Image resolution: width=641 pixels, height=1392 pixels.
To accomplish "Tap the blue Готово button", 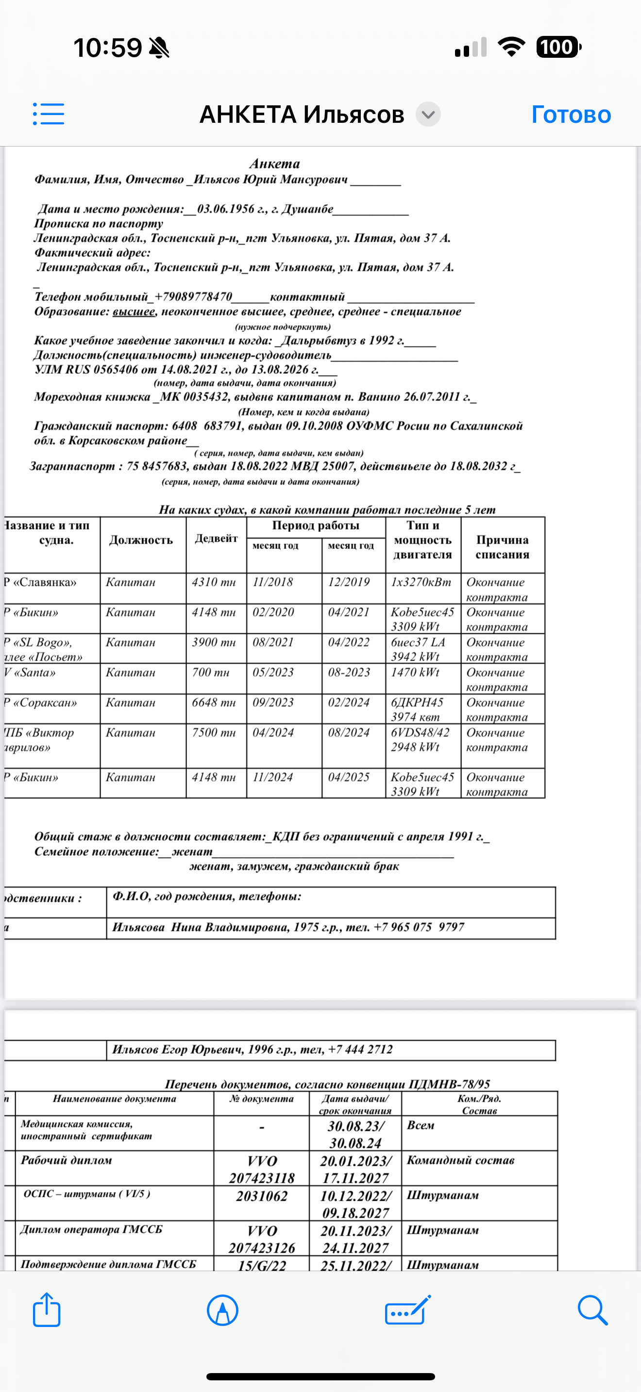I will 571,115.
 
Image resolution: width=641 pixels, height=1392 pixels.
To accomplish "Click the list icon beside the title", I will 49,114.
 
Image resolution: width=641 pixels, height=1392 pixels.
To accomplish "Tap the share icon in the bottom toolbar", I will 47,1310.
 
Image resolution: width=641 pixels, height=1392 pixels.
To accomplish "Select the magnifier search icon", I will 592,1310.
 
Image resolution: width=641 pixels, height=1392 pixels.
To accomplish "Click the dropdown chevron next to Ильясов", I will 428,115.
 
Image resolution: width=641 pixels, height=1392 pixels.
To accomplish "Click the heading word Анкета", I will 274,164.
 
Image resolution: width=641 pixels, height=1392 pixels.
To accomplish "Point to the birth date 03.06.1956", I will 225,209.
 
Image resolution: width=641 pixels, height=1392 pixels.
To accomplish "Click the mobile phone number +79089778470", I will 193,297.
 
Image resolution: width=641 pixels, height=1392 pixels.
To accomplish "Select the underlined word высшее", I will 134,312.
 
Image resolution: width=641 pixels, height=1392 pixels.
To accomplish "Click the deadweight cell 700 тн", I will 211,673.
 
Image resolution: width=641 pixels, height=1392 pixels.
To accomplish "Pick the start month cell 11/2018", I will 273,582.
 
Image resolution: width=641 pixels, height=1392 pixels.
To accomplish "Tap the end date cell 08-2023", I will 349,673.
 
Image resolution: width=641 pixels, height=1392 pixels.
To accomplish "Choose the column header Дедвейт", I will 216,538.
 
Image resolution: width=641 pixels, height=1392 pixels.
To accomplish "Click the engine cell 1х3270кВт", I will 421,582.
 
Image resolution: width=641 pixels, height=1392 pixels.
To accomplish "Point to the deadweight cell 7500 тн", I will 214,733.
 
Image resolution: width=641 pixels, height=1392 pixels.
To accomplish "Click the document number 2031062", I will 262,1196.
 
